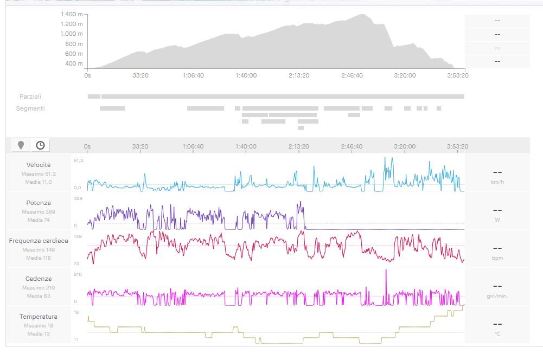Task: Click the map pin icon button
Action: pos(21,145)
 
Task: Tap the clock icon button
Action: pos(40,145)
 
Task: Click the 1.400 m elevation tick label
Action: pos(72,14)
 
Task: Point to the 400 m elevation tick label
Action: pos(75,63)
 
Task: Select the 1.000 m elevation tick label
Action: pos(72,34)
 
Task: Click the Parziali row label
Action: pos(30,97)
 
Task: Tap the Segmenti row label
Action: pos(30,108)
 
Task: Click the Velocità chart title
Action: pos(39,164)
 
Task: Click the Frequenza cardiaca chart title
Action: pos(39,241)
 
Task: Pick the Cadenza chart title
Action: pos(39,279)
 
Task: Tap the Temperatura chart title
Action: pos(39,317)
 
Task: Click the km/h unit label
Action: pos(497,182)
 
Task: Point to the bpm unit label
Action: pos(497,258)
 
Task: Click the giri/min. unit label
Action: pos(497,296)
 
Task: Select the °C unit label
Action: pos(497,334)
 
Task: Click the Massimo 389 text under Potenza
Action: pos(39,211)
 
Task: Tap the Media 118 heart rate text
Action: pos(39,258)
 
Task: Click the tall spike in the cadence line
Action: pos(386,271)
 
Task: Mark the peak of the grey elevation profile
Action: pos(361,15)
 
